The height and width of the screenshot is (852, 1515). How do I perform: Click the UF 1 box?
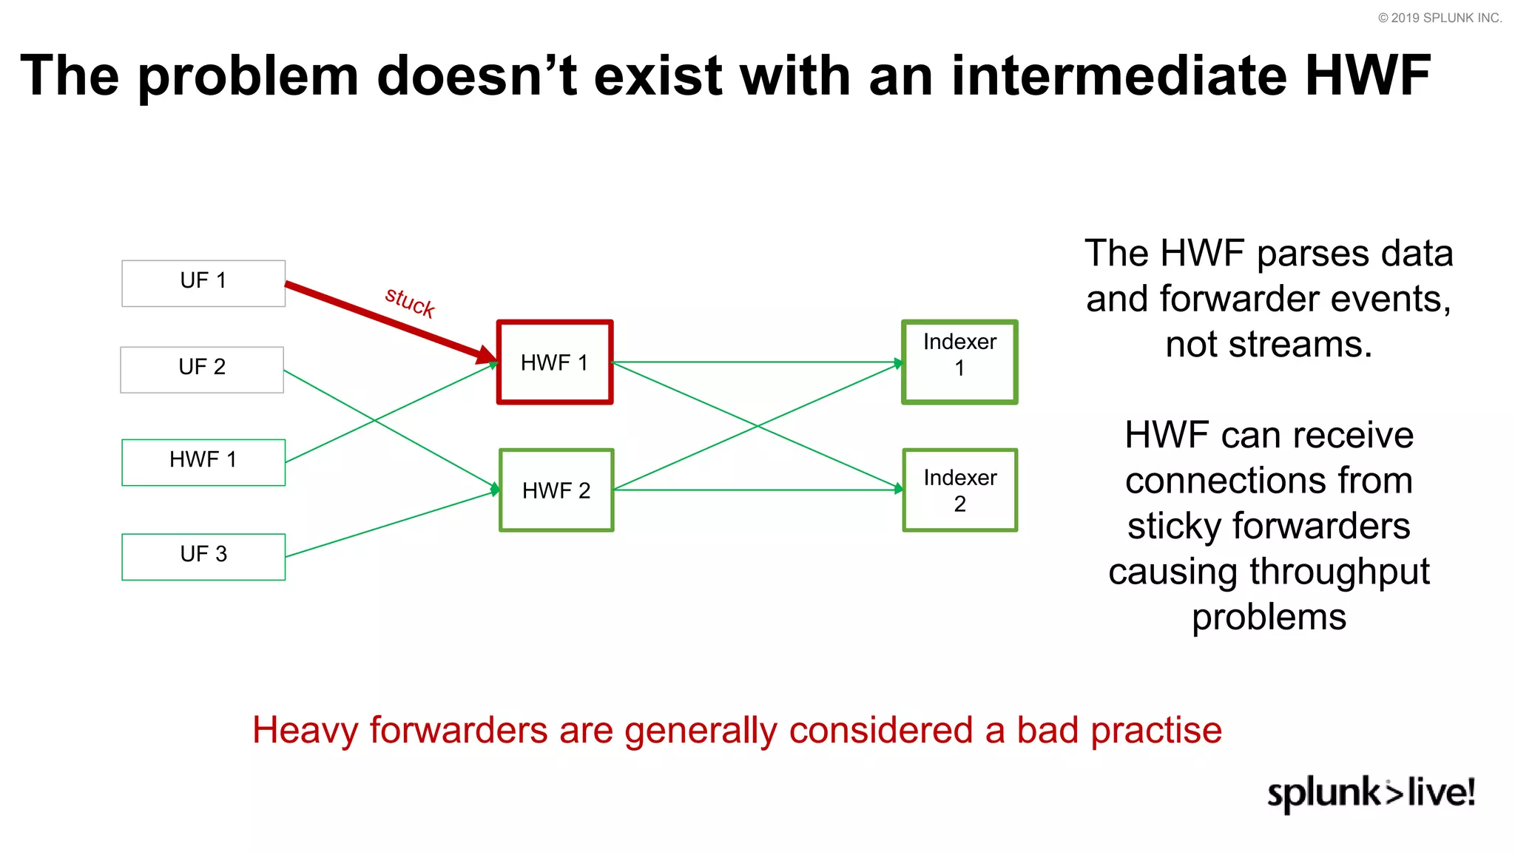(x=203, y=283)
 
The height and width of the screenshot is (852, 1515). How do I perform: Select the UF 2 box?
(x=202, y=369)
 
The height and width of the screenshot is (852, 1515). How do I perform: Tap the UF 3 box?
(x=203, y=556)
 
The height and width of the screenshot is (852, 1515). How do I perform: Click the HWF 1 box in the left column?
(x=203, y=462)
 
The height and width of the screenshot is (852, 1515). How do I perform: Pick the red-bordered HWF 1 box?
(x=555, y=362)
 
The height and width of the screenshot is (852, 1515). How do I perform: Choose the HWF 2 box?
(x=556, y=490)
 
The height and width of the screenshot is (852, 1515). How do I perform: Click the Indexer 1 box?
(x=959, y=362)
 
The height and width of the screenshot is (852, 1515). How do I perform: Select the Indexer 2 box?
(x=959, y=490)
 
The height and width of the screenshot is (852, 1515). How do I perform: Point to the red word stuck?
(x=410, y=302)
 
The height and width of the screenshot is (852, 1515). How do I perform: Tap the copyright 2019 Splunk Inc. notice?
(x=1440, y=18)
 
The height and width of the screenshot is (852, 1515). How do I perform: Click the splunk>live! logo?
(x=1371, y=793)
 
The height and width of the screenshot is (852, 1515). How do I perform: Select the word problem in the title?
(x=249, y=77)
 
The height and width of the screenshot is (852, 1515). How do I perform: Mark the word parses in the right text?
(x=1309, y=254)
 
